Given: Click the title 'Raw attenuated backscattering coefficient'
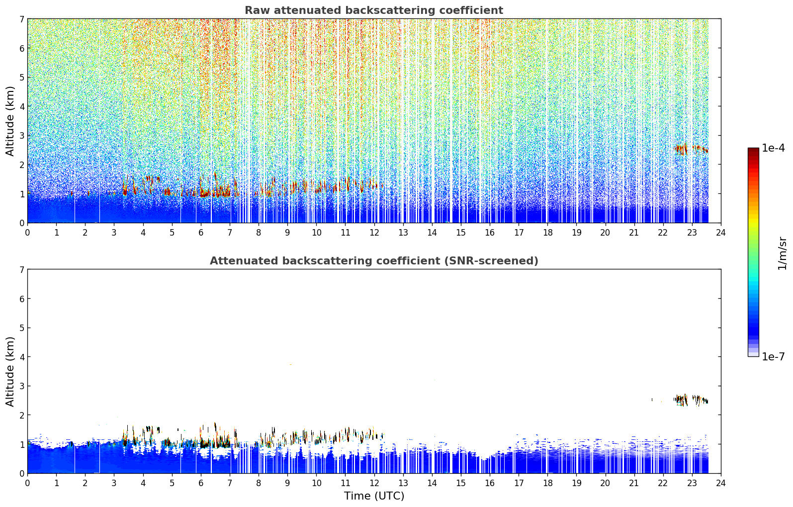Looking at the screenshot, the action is pyautogui.click(x=374, y=10).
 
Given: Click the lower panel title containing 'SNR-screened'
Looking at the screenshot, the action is pyautogui.click(x=374, y=260).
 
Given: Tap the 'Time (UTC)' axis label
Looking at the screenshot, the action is pyautogui.click(x=374, y=496).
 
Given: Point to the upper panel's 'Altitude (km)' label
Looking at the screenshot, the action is pyautogui.click(x=10, y=121).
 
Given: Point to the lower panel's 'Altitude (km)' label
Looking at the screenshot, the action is pyautogui.click(x=10, y=371).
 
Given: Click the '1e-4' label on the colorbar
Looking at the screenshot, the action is pyautogui.click(x=773, y=148).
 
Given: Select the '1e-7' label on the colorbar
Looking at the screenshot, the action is pyautogui.click(x=773, y=356).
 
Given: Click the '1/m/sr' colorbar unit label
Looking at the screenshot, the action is pyautogui.click(x=782, y=253).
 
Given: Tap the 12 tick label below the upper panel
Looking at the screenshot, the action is pyautogui.click(x=374, y=233).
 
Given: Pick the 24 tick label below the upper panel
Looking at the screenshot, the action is pyautogui.click(x=721, y=233).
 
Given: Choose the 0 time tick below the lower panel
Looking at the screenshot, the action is pyautogui.click(x=28, y=483).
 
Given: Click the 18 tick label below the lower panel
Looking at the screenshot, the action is pyautogui.click(x=548, y=483).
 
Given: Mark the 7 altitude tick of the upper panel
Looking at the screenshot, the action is pyautogui.click(x=22, y=19).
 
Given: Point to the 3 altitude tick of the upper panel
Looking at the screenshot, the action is pyautogui.click(x=22, y=136).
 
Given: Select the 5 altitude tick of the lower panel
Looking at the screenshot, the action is pyautogui.click(x=22, y=328).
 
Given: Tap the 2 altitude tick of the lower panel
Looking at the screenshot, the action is pyautogui.click(x=22, y=415).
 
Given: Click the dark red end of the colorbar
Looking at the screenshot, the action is pyautogui.click(x=753, y=150).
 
